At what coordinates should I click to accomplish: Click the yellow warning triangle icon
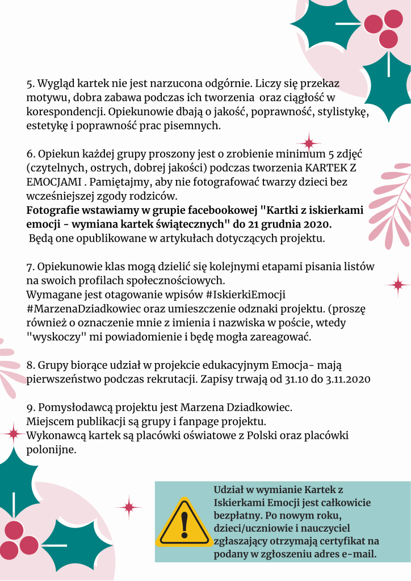pos(183,522)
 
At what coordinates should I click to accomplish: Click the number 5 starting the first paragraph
pos(30,84)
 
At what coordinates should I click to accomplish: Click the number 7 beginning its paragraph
pos(30,266)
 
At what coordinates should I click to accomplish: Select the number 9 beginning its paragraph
pos(30,407)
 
